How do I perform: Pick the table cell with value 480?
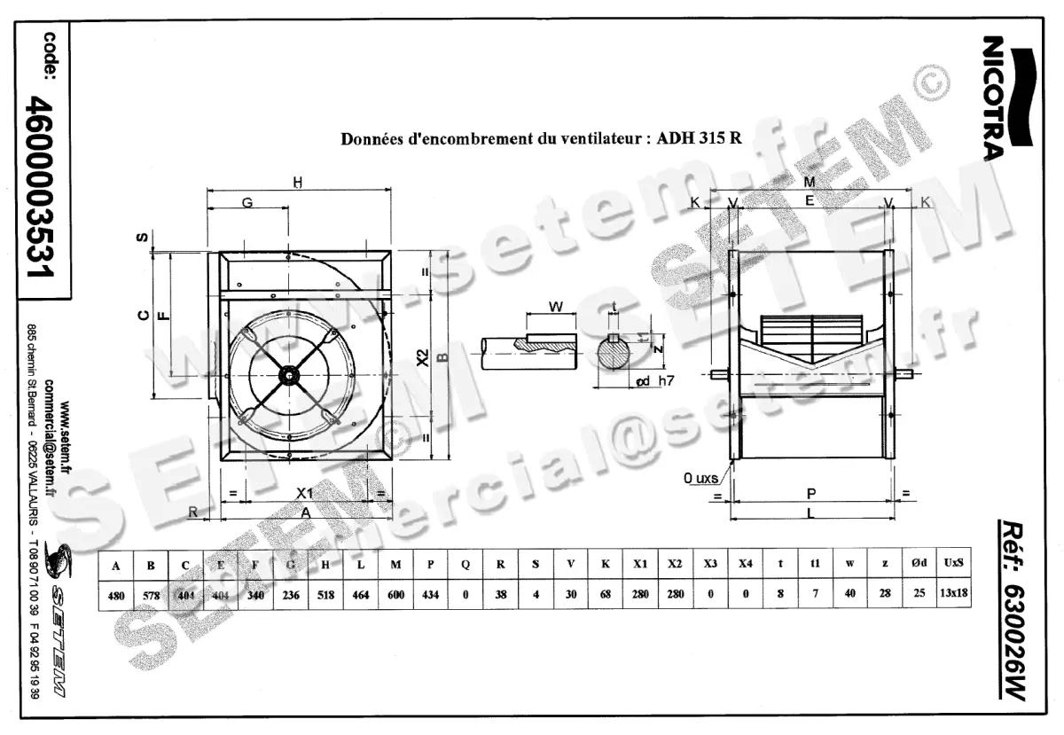click(x=115, y=595)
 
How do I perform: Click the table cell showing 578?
click(x=151, y=595)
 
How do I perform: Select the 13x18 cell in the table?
click(x=951, y=595)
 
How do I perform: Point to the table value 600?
click(x=395, y=595)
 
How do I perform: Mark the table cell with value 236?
click(x=291, y=595)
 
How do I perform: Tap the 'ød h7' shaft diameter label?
click(x=655, y=381)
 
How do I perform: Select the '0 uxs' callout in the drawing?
click(x=700, y=479)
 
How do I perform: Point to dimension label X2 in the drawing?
click(x=423, y=359)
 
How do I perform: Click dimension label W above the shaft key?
click(x=556, y=307)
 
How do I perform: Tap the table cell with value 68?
click(x=605, y=595)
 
